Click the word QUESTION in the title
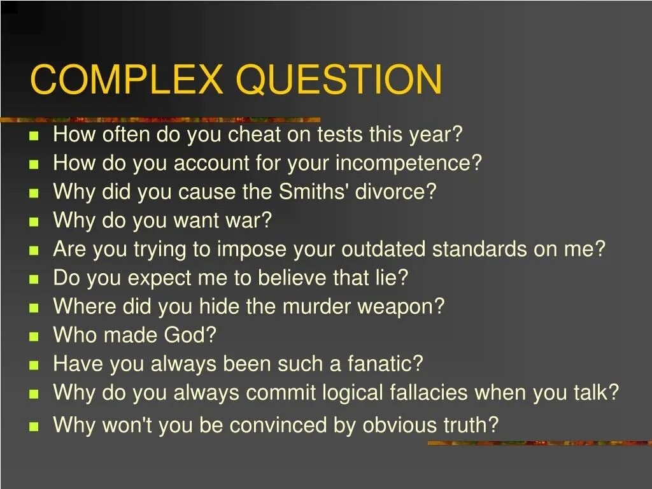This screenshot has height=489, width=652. point(338,80)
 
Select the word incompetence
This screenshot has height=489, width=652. point(408,164)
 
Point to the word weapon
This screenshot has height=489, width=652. point(400,308)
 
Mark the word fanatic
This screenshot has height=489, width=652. point(385,364)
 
